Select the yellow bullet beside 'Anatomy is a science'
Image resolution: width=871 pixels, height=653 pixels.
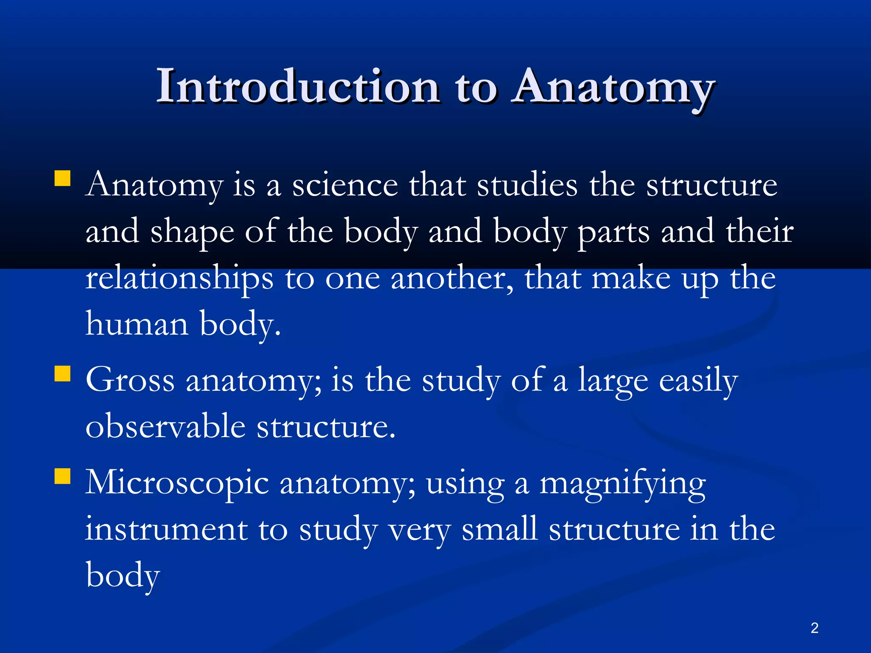pos(63,179)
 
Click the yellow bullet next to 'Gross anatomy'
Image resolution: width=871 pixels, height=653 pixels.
pos(63,374)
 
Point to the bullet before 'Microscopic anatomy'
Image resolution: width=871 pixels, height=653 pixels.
pos(63,477)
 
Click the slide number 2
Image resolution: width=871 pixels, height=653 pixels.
pos(814,628)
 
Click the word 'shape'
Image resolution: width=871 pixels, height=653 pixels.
pos(192,232)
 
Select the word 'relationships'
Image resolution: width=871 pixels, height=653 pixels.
pos(179,278)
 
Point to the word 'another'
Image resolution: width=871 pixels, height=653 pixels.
pos(452,278)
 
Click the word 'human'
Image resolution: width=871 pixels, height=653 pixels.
pos(137,324)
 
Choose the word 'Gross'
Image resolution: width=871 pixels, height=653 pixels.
pos(130,380)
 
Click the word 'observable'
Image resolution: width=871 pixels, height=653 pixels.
pos(165,426)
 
